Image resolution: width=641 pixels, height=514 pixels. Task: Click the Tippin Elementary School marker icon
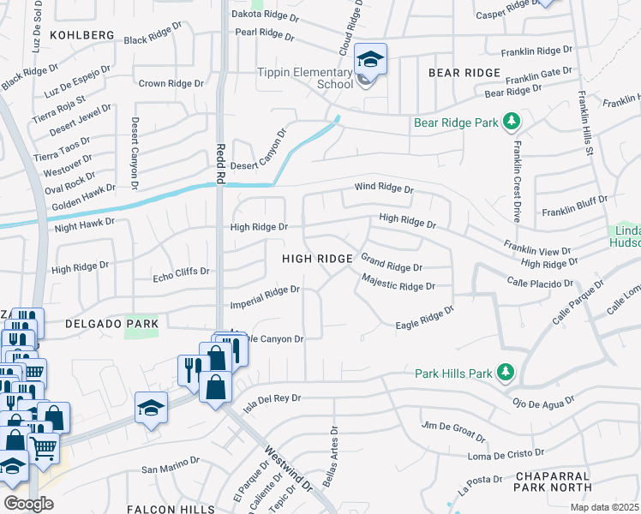(x=371, y=60)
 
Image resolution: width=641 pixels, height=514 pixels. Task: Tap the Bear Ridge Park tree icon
(x=512, y=122)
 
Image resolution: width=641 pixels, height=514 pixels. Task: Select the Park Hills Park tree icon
(x=505, y=373)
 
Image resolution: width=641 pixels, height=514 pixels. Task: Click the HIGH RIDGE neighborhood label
(x=318, y=259)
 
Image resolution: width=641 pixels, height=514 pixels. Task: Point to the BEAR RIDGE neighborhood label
(x=464, y=74)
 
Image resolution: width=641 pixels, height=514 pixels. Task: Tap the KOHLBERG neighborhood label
(x=82, y=35)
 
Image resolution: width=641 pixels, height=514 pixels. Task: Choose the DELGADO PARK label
(x=111, y=324)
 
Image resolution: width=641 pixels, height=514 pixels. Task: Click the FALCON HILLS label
(x=171, y=509)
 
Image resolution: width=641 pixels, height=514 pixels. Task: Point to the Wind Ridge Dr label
(x=385, y=188)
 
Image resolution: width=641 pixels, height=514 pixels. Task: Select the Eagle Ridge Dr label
(x=423, y=317)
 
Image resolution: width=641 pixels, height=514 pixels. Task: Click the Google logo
(x=28, y=503)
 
